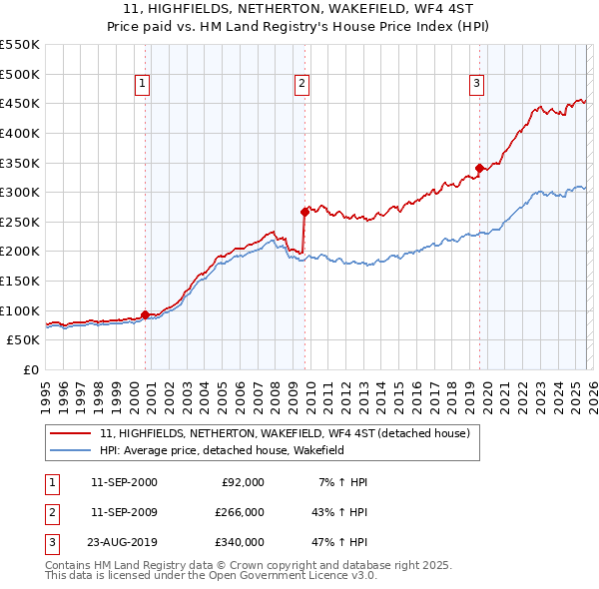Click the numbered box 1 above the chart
coord(143,84)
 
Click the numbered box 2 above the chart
coord(301,84)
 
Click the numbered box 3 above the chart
coord(476,84)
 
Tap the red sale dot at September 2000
coord(146,314)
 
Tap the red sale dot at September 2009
coord(304,211)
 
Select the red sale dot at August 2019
coord(479,168)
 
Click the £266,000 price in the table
coord(240,512)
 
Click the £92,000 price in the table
coord(243,482)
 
